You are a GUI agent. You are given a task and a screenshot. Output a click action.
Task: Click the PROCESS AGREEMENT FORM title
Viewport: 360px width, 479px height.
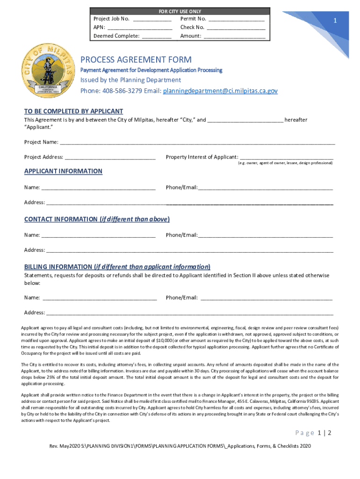136,60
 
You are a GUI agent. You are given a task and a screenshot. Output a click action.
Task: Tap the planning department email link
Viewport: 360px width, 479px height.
220,91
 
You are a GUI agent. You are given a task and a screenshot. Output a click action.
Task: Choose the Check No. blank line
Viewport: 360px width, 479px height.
236,28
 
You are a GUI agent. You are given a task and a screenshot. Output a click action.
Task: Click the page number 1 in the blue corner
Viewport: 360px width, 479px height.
335,21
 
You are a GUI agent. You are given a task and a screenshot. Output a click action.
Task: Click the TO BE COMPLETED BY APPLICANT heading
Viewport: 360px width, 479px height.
73,111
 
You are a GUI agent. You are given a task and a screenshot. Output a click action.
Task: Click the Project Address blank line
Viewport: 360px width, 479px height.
110,158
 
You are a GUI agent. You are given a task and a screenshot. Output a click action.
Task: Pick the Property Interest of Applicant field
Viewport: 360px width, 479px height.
286,158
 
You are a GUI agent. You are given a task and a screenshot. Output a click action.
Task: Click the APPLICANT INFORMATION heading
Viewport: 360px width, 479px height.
63,171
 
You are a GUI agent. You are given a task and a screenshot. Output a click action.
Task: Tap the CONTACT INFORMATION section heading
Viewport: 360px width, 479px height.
97,219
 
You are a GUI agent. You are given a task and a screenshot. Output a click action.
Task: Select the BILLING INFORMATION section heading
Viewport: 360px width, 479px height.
117,267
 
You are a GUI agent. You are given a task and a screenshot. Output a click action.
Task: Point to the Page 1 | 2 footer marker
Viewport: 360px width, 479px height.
313,433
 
